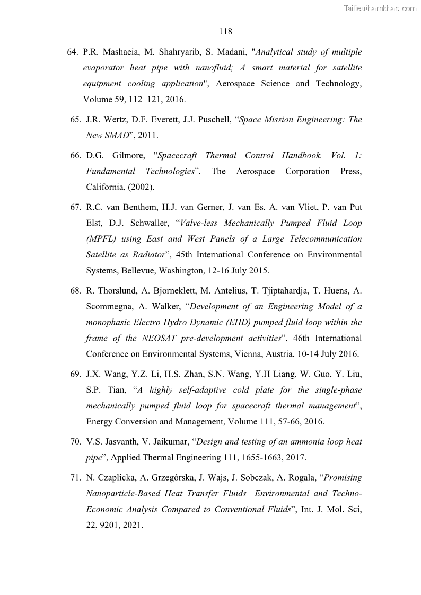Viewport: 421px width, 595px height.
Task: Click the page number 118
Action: point(225,31)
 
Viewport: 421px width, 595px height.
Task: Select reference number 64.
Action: point(73,52)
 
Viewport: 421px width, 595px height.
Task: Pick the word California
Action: point(106,187)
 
